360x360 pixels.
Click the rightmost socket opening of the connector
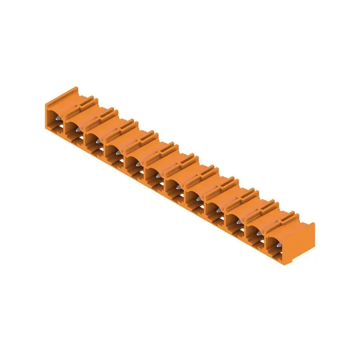coord(275,244)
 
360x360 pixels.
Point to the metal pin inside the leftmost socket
coord(58,120)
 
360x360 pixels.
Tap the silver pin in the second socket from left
coord(77,130)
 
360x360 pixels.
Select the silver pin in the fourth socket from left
coord(117,152)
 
